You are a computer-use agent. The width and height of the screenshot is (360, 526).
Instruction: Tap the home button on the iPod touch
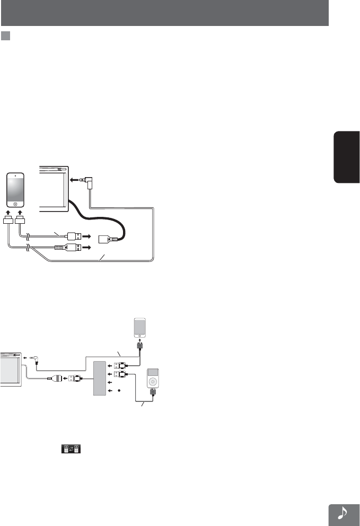[15, 204]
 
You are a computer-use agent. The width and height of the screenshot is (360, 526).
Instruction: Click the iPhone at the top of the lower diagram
[139, 327]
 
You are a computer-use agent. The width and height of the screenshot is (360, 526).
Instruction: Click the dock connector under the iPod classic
[153, 393]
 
